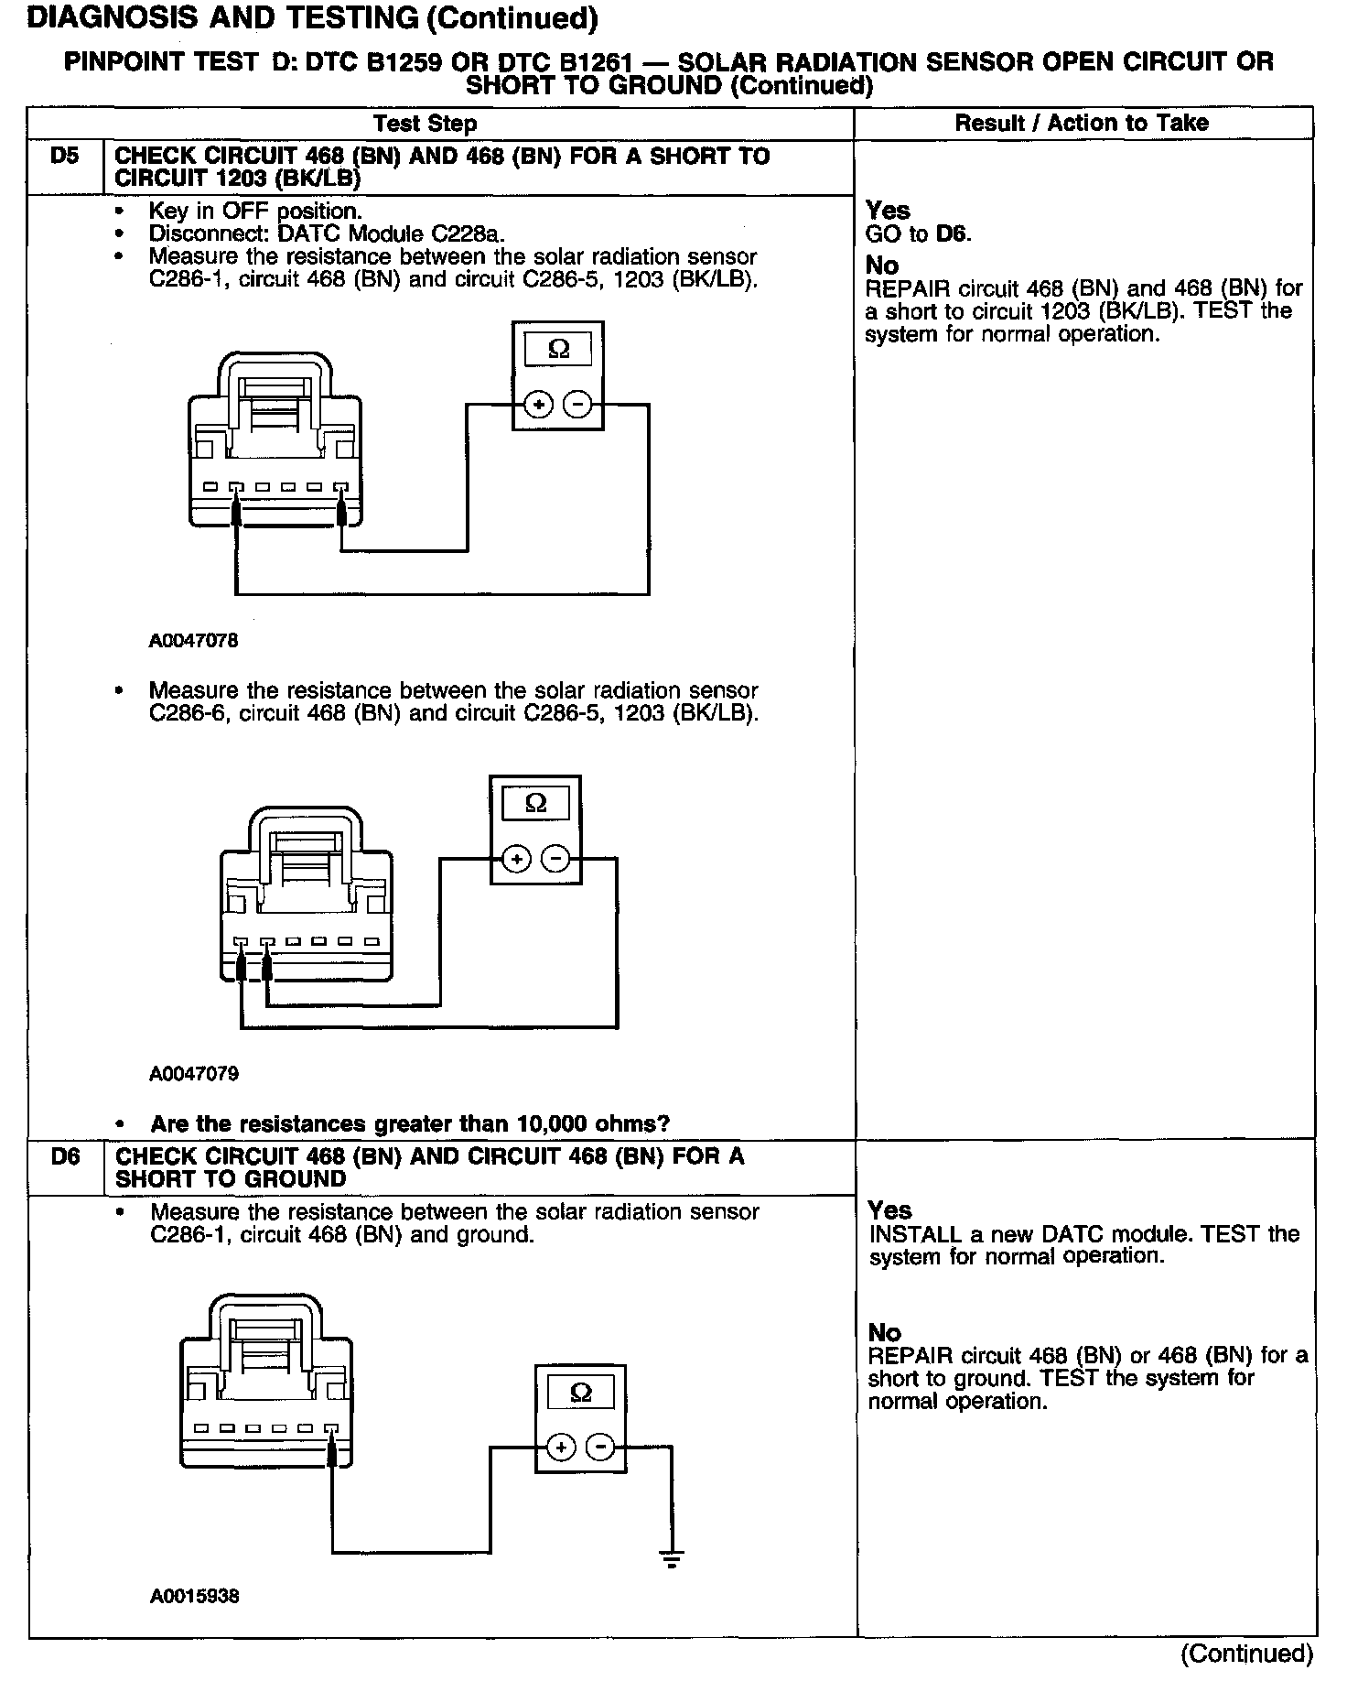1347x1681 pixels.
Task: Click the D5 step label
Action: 64,157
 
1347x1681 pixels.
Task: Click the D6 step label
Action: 65,1157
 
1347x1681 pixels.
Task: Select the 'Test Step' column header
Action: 425,124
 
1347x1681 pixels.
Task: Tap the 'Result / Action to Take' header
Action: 1082,124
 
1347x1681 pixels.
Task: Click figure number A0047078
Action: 194,641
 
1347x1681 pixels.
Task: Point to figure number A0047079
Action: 194,1073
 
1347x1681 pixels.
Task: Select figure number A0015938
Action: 195,1597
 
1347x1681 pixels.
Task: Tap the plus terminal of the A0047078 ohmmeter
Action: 539,404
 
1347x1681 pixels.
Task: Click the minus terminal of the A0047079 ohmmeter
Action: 555,859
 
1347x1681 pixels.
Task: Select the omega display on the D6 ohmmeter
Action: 580,1394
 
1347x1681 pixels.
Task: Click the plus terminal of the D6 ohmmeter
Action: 561,1448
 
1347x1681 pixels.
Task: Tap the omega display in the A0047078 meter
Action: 557,349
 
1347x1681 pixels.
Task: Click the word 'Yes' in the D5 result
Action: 888,211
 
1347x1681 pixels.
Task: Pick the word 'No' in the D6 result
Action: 885,1333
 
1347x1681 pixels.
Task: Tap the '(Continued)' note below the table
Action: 1246,1654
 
